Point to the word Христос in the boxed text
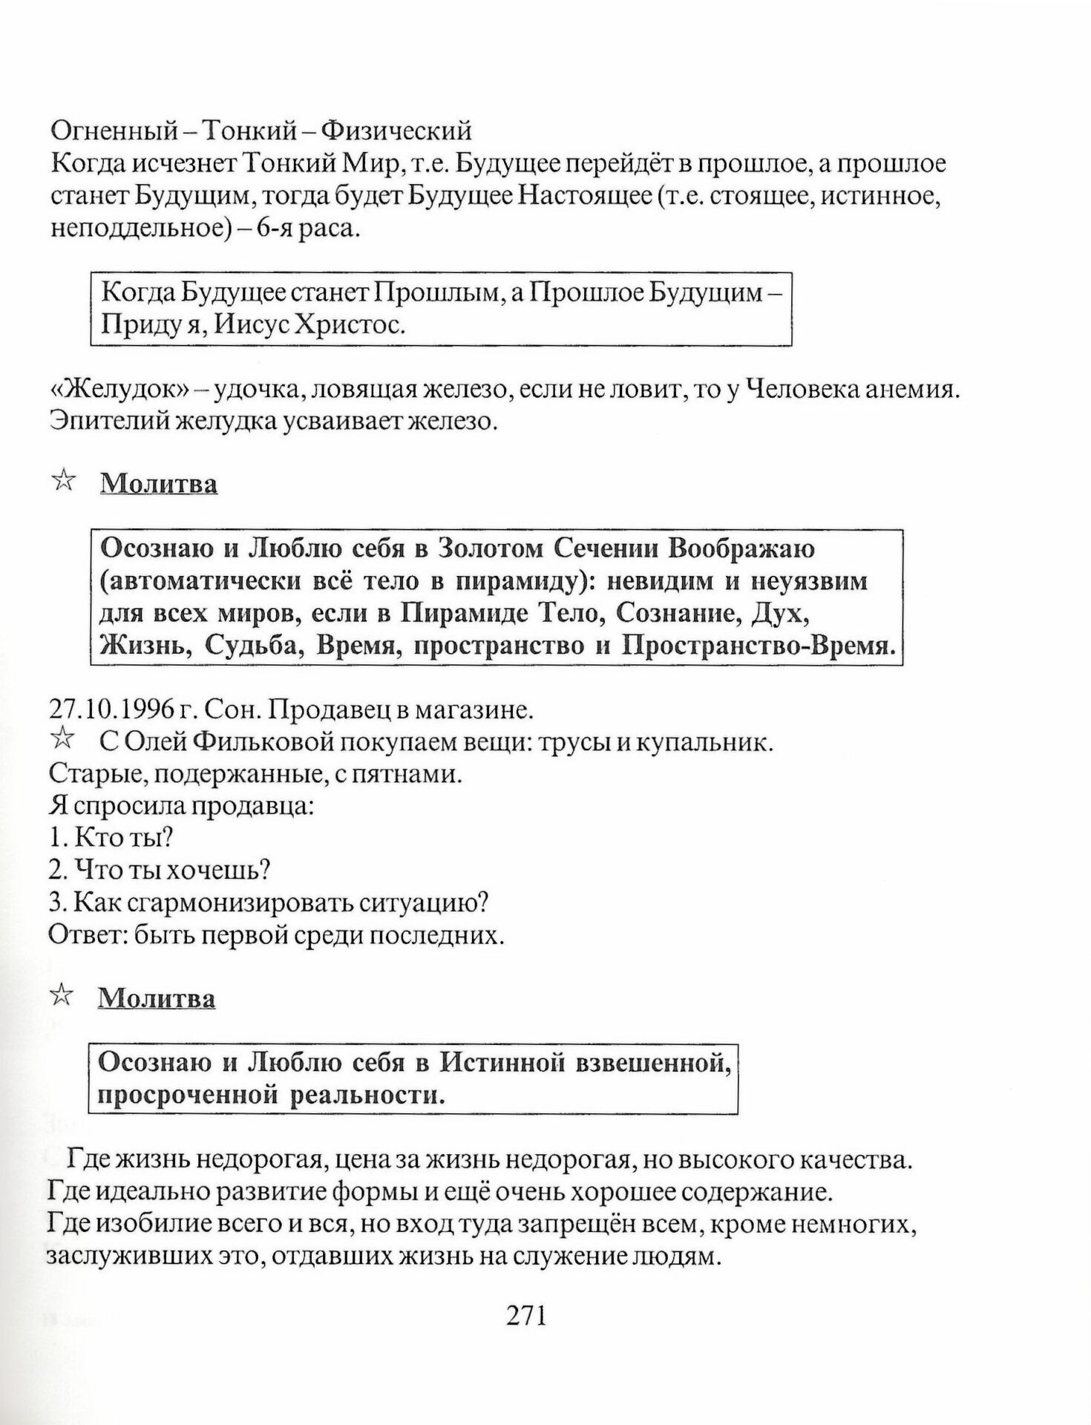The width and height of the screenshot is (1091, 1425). click(x=350, y=325)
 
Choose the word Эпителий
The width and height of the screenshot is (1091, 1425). click(x=99, y=421)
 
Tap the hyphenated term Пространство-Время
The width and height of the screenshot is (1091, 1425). click(x=757, y=646)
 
